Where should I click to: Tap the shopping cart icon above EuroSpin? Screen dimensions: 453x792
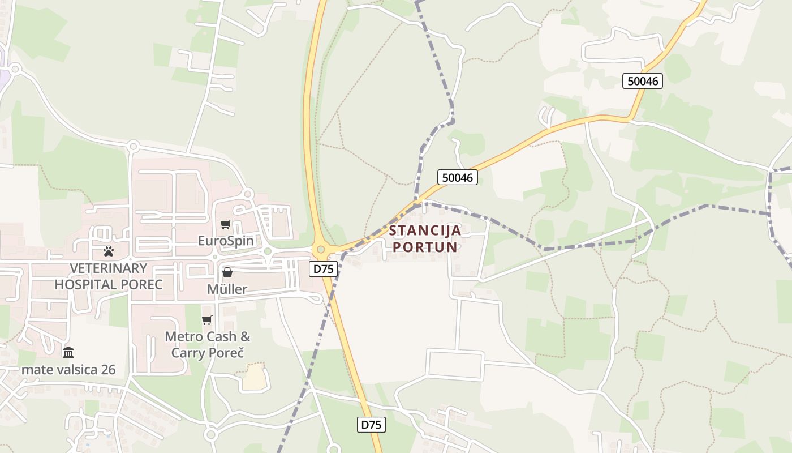click(x=226, y=224)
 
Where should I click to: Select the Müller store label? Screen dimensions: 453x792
click(x=227, y=289)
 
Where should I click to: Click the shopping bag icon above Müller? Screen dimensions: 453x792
click(x=227, y=272)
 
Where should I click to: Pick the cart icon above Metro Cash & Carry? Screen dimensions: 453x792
click(x=207, y=320)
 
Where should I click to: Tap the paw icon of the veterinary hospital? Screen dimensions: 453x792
click(x=108, y=251)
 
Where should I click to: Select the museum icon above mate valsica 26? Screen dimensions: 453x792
click(x=68, y=353)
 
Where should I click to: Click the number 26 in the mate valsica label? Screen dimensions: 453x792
click(x=107, y=370)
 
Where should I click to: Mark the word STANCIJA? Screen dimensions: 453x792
click(x=425, y=231)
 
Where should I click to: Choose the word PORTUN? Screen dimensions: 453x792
click(x=425, y=247)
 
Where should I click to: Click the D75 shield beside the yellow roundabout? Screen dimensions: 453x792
click(x=324, y=268)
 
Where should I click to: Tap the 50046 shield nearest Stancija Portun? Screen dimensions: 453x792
click(x=458, y=177)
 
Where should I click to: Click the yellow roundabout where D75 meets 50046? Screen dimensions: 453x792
click(x=321, y=249)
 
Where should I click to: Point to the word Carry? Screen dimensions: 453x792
click(x=189, y=353)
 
